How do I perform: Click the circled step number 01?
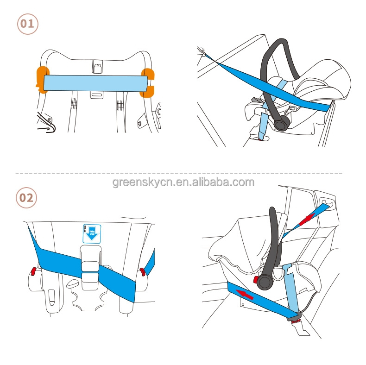(x=27, y=24)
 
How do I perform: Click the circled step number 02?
(x=26, y=197)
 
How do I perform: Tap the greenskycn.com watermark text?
(x=183, y=182)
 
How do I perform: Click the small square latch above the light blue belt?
(x=97, y=67)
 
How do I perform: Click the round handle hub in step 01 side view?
(x=282, y=123)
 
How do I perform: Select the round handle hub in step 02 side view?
(x=267, y=280)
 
